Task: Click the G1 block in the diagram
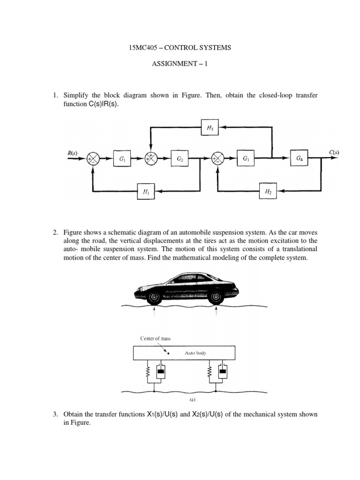[x=122, y=159]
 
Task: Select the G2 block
[x=180, y=159]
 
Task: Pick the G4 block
[x=299, y=159]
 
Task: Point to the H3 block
[x=210, y=127]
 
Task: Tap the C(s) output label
[x=334, y=153]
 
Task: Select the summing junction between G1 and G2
[x=151, y=159]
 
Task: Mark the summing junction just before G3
[x=217, y=159]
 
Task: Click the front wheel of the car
[x=153, y=297]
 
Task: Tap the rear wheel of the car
[x=216, y=296]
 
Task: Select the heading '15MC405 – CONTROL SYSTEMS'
[x=180, y=48]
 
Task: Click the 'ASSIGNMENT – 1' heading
[x=180, y=64]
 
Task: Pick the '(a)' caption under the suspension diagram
[x=180, y=399]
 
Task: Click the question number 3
[x=55, y=414]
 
